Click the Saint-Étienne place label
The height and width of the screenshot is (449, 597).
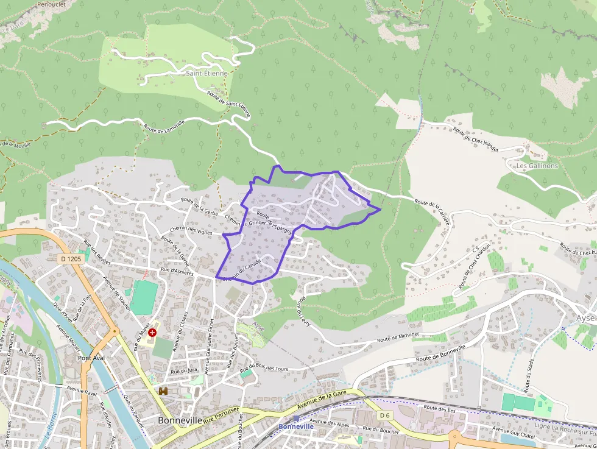(207, 73)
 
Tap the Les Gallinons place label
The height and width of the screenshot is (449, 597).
(537, 166)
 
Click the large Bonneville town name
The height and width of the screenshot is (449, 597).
(180, 420)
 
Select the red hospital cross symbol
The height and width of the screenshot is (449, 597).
(152, 333)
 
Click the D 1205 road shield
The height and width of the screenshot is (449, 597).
(71, 259)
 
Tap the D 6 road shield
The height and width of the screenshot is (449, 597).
(384, 415)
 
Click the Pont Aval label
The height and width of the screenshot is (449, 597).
(91, 358)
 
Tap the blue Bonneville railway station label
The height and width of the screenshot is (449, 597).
(296, 426)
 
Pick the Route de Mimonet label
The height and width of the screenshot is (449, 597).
(398, 336)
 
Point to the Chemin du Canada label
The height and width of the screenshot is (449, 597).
(242, 269)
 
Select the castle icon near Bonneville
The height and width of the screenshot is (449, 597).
(163, 391)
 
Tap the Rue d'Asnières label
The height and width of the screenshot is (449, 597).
(177, 272)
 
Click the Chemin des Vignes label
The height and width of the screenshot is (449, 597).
(191, 230)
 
